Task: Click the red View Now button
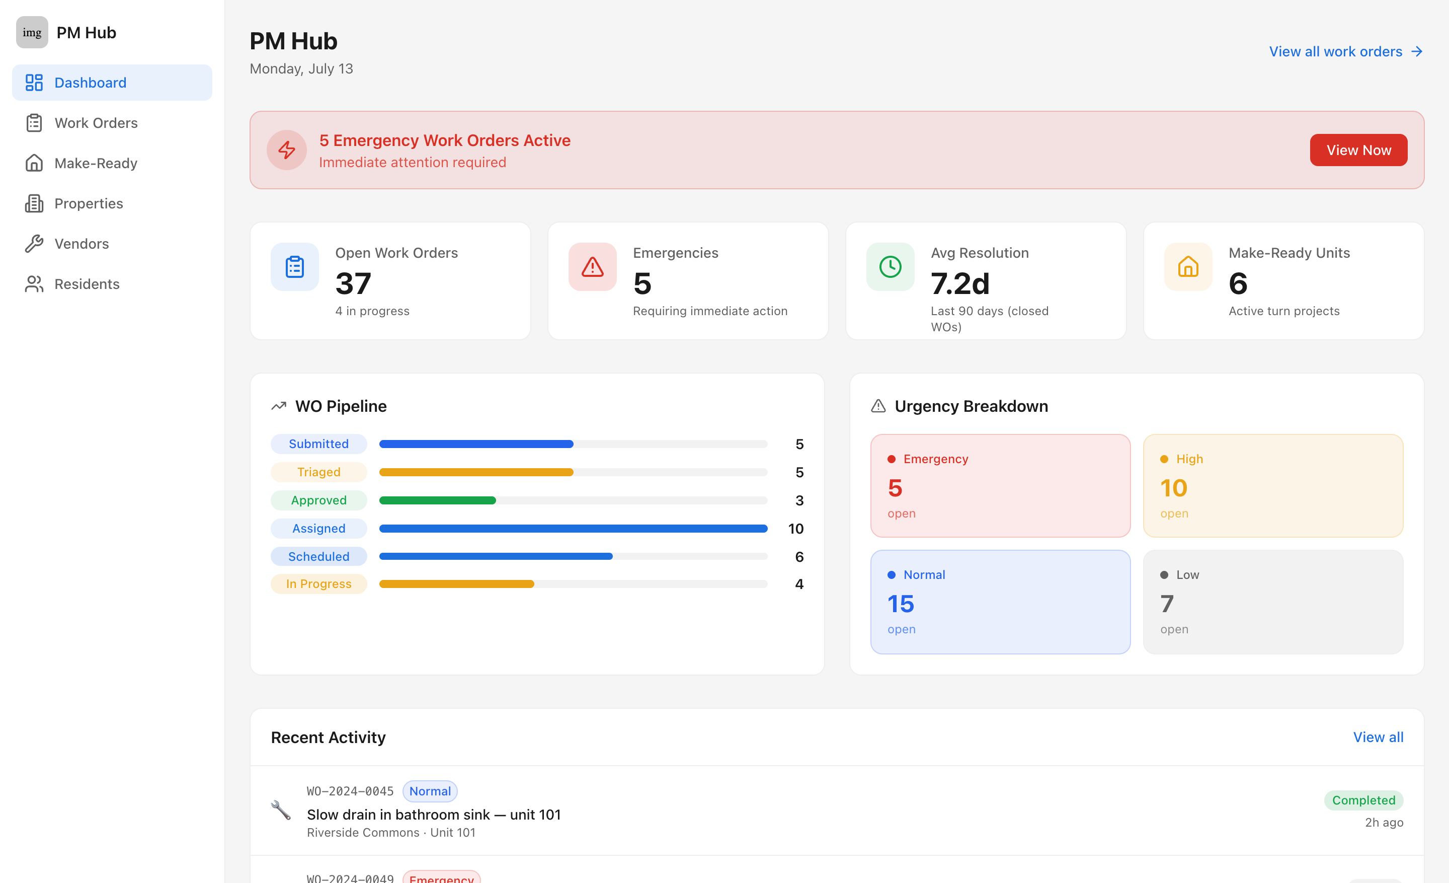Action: click(x=1358, y=150)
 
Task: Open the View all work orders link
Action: click(x=1345, y=52)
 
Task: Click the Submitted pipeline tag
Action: click(x=319, y=444)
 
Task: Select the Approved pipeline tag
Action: click(x=319, y=500)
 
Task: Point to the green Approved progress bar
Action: click(x=438, y=500)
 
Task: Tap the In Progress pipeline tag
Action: click(x=319, y=583)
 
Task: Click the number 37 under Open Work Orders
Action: click(x=353, y=283)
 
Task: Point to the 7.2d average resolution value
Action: click(x=960, y=283)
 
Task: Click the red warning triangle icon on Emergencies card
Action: click(x=592, y=267)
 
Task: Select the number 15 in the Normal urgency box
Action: click(x=900, y=604)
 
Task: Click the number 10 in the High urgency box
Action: click(x=1173, y=488)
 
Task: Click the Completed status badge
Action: click(x=1363, y=800)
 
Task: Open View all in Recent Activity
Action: click(x=1378, y=737)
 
